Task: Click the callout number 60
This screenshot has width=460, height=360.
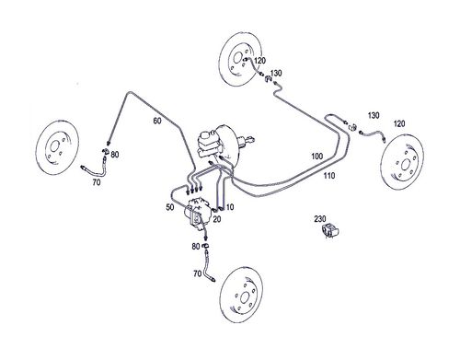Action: tap(157, 121)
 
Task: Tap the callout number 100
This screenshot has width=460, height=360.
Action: tap(317, 157)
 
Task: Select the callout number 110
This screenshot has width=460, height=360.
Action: tap(329, 176)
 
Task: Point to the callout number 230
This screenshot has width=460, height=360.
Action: tap(320, 219)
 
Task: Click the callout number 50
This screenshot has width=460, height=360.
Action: tap(170, 207)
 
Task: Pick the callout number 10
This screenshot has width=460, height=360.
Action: tap(230, 207)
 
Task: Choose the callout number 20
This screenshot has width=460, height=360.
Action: tap(217, 219)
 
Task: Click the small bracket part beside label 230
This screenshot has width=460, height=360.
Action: tap(329, 231)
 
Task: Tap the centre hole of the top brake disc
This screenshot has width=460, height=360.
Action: tap(237, 58)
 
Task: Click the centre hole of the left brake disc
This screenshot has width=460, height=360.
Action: tap(54, 146)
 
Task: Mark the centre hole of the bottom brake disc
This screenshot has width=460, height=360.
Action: tap(245, 297)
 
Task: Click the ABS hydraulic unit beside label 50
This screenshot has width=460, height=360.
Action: tap(197, 214)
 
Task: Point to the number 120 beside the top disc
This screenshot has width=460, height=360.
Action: tap(259, 61)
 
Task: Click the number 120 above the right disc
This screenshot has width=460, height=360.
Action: tap(399, 123)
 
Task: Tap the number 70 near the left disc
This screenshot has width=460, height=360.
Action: tap(97, 182)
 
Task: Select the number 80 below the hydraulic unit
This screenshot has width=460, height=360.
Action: tap(196, 247)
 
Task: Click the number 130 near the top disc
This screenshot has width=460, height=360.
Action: tap(276, 73)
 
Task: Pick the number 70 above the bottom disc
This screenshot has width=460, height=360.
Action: tap(198, 273)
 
